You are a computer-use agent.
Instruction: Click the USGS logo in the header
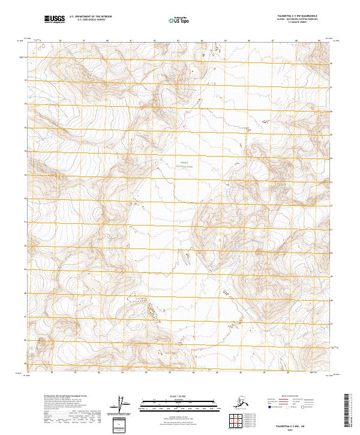click(x=54, y=20)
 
